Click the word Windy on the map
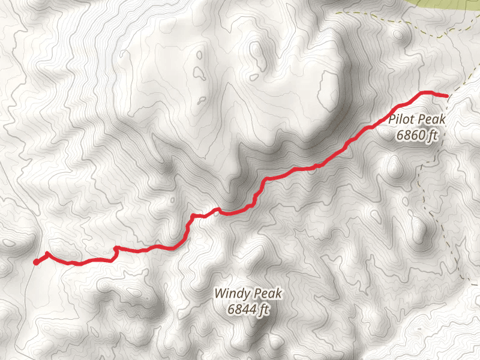(230, 294)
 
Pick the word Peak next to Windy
(267, 294)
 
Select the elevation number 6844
(242, 310)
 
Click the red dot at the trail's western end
(36, 262)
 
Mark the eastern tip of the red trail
(446, 95)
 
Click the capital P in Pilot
(391, 119)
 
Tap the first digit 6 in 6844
(231, 310)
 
